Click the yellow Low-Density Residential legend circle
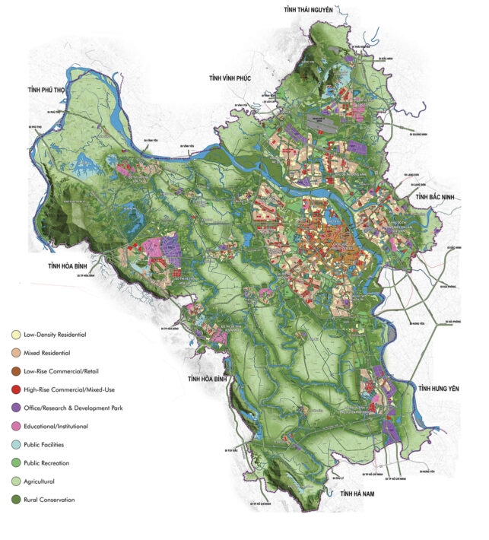click(x=15, y=335)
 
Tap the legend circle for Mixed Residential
click(x=15, y=353)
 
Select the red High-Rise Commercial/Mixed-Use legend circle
click(x=15, y=389)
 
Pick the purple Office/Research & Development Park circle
click(x=15, y=408)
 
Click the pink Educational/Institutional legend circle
click(x=15, y=427)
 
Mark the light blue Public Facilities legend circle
click(x=15, y=445)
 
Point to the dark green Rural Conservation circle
click(x=15, y=500)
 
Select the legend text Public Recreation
click(x=49, y=463)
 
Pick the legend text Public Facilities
click(x=49, y=445)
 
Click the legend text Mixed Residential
click(x=51, y=353)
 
